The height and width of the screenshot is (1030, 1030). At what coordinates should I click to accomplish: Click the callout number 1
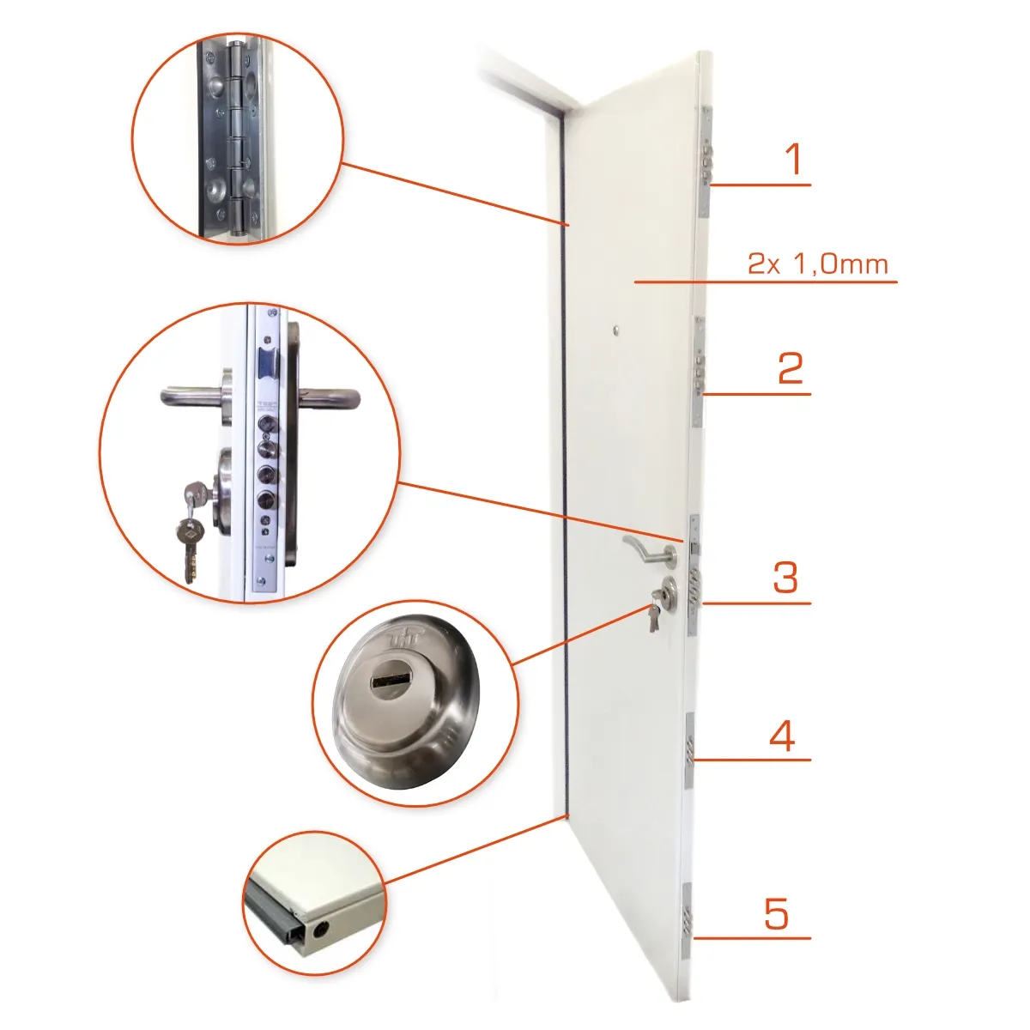794,159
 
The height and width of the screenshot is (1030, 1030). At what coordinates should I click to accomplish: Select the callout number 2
791,367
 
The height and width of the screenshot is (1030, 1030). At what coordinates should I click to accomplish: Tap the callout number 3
785,578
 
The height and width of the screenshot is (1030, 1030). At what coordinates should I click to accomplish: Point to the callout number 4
782,736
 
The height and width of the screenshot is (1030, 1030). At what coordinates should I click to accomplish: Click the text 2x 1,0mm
818,264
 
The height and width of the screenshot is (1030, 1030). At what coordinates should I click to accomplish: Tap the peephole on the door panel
617,330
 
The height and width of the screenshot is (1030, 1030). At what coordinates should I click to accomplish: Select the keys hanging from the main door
655,614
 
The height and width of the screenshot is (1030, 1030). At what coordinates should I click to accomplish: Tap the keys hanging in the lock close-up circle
191,530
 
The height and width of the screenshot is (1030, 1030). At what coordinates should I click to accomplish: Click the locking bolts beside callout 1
706,161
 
